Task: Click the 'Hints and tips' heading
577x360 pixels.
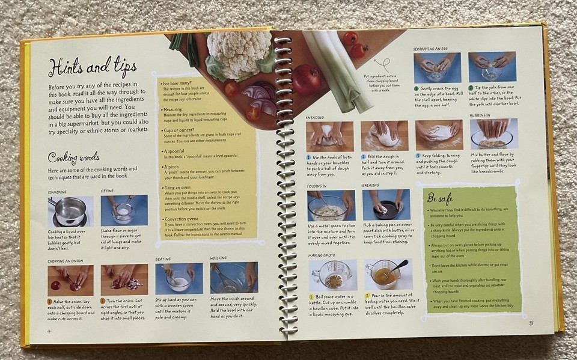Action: [x=92, y=66]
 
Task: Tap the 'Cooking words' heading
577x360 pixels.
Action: [x=73, y=157]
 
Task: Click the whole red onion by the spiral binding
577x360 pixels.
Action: [x=307, y=78]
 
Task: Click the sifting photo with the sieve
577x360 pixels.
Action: [x=124, y=211]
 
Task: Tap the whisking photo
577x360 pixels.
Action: [x=233, y=278]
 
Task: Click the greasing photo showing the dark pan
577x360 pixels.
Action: [x=386, y=205]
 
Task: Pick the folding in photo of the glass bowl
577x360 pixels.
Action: [x=331, y=206]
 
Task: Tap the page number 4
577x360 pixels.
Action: [x=49, y=330]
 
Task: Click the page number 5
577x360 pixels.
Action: [x=531, y=323]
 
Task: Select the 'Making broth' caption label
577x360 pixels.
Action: [x=322, y=255]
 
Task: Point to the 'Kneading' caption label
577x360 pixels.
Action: [x=315, y=117]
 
